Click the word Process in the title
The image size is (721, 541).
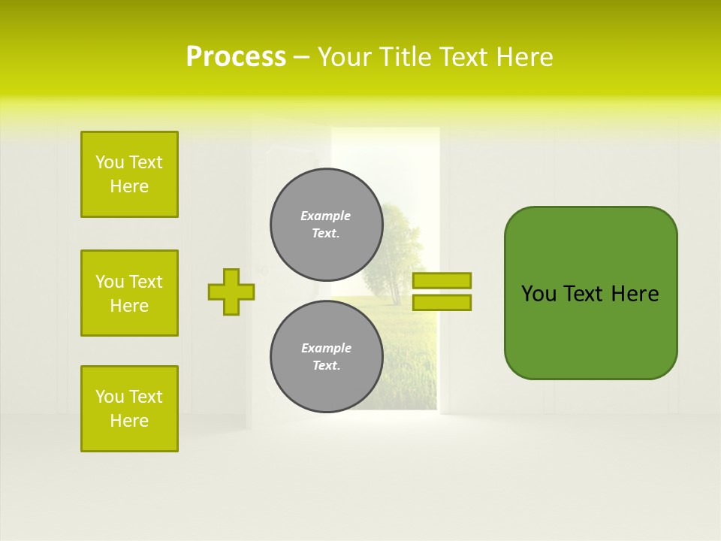[x=236, y=57]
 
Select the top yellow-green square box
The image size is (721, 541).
[x=129, y=174]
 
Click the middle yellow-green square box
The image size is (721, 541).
[x=129, y=293]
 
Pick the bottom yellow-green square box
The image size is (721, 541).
[x=129, y=409]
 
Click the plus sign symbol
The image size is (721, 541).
[x=231, y=292]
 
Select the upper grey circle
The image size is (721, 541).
[x=326, y=225]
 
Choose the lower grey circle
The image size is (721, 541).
[x=326, y=357]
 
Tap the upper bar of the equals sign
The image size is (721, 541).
[x=442, y=280]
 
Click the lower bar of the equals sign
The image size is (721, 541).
[x=442, y=303]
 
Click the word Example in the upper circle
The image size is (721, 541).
[x=326, y=216]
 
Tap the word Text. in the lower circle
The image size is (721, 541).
[x=326, y=366]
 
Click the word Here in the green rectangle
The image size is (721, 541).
[x=635, y=294]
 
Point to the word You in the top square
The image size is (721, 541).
[x=109, y=162]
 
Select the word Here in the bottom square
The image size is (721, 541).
[x=129, y=421]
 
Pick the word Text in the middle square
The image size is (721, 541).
[x=145, y=282]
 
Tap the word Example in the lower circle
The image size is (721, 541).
[x=326, y=348]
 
